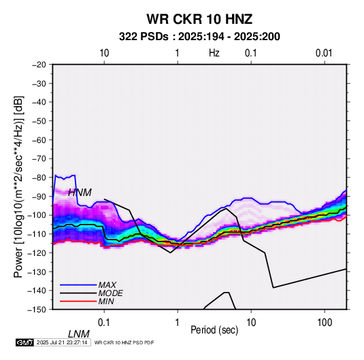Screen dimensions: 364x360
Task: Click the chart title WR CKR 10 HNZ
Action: (x=199, y=19)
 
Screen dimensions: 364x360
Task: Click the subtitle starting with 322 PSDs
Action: (x=199, y=37)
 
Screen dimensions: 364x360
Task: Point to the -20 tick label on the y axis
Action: (x=39, y=65)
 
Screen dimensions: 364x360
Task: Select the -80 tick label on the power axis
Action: (x=39, y=178)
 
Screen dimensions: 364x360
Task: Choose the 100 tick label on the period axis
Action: (x=325, y=323)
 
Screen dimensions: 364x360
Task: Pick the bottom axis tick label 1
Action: (x=177, y=323)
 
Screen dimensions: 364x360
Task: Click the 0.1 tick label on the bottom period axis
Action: (x=104, y=323)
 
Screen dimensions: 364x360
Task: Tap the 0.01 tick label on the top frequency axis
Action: (x=324, y=53)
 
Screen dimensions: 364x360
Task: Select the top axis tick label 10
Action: (x=104, y=53)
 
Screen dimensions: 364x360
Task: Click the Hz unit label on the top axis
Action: (x=214, y=53)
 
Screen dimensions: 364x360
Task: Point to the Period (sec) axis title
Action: (x=214, y=330)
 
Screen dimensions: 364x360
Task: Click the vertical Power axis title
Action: (x=18, y=187)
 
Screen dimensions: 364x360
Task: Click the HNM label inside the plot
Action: (x=80, y=193)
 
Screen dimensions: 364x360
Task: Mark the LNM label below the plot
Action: (x=79, y=334)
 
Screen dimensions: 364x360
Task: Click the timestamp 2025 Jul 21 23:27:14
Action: (x=62, y=342)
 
